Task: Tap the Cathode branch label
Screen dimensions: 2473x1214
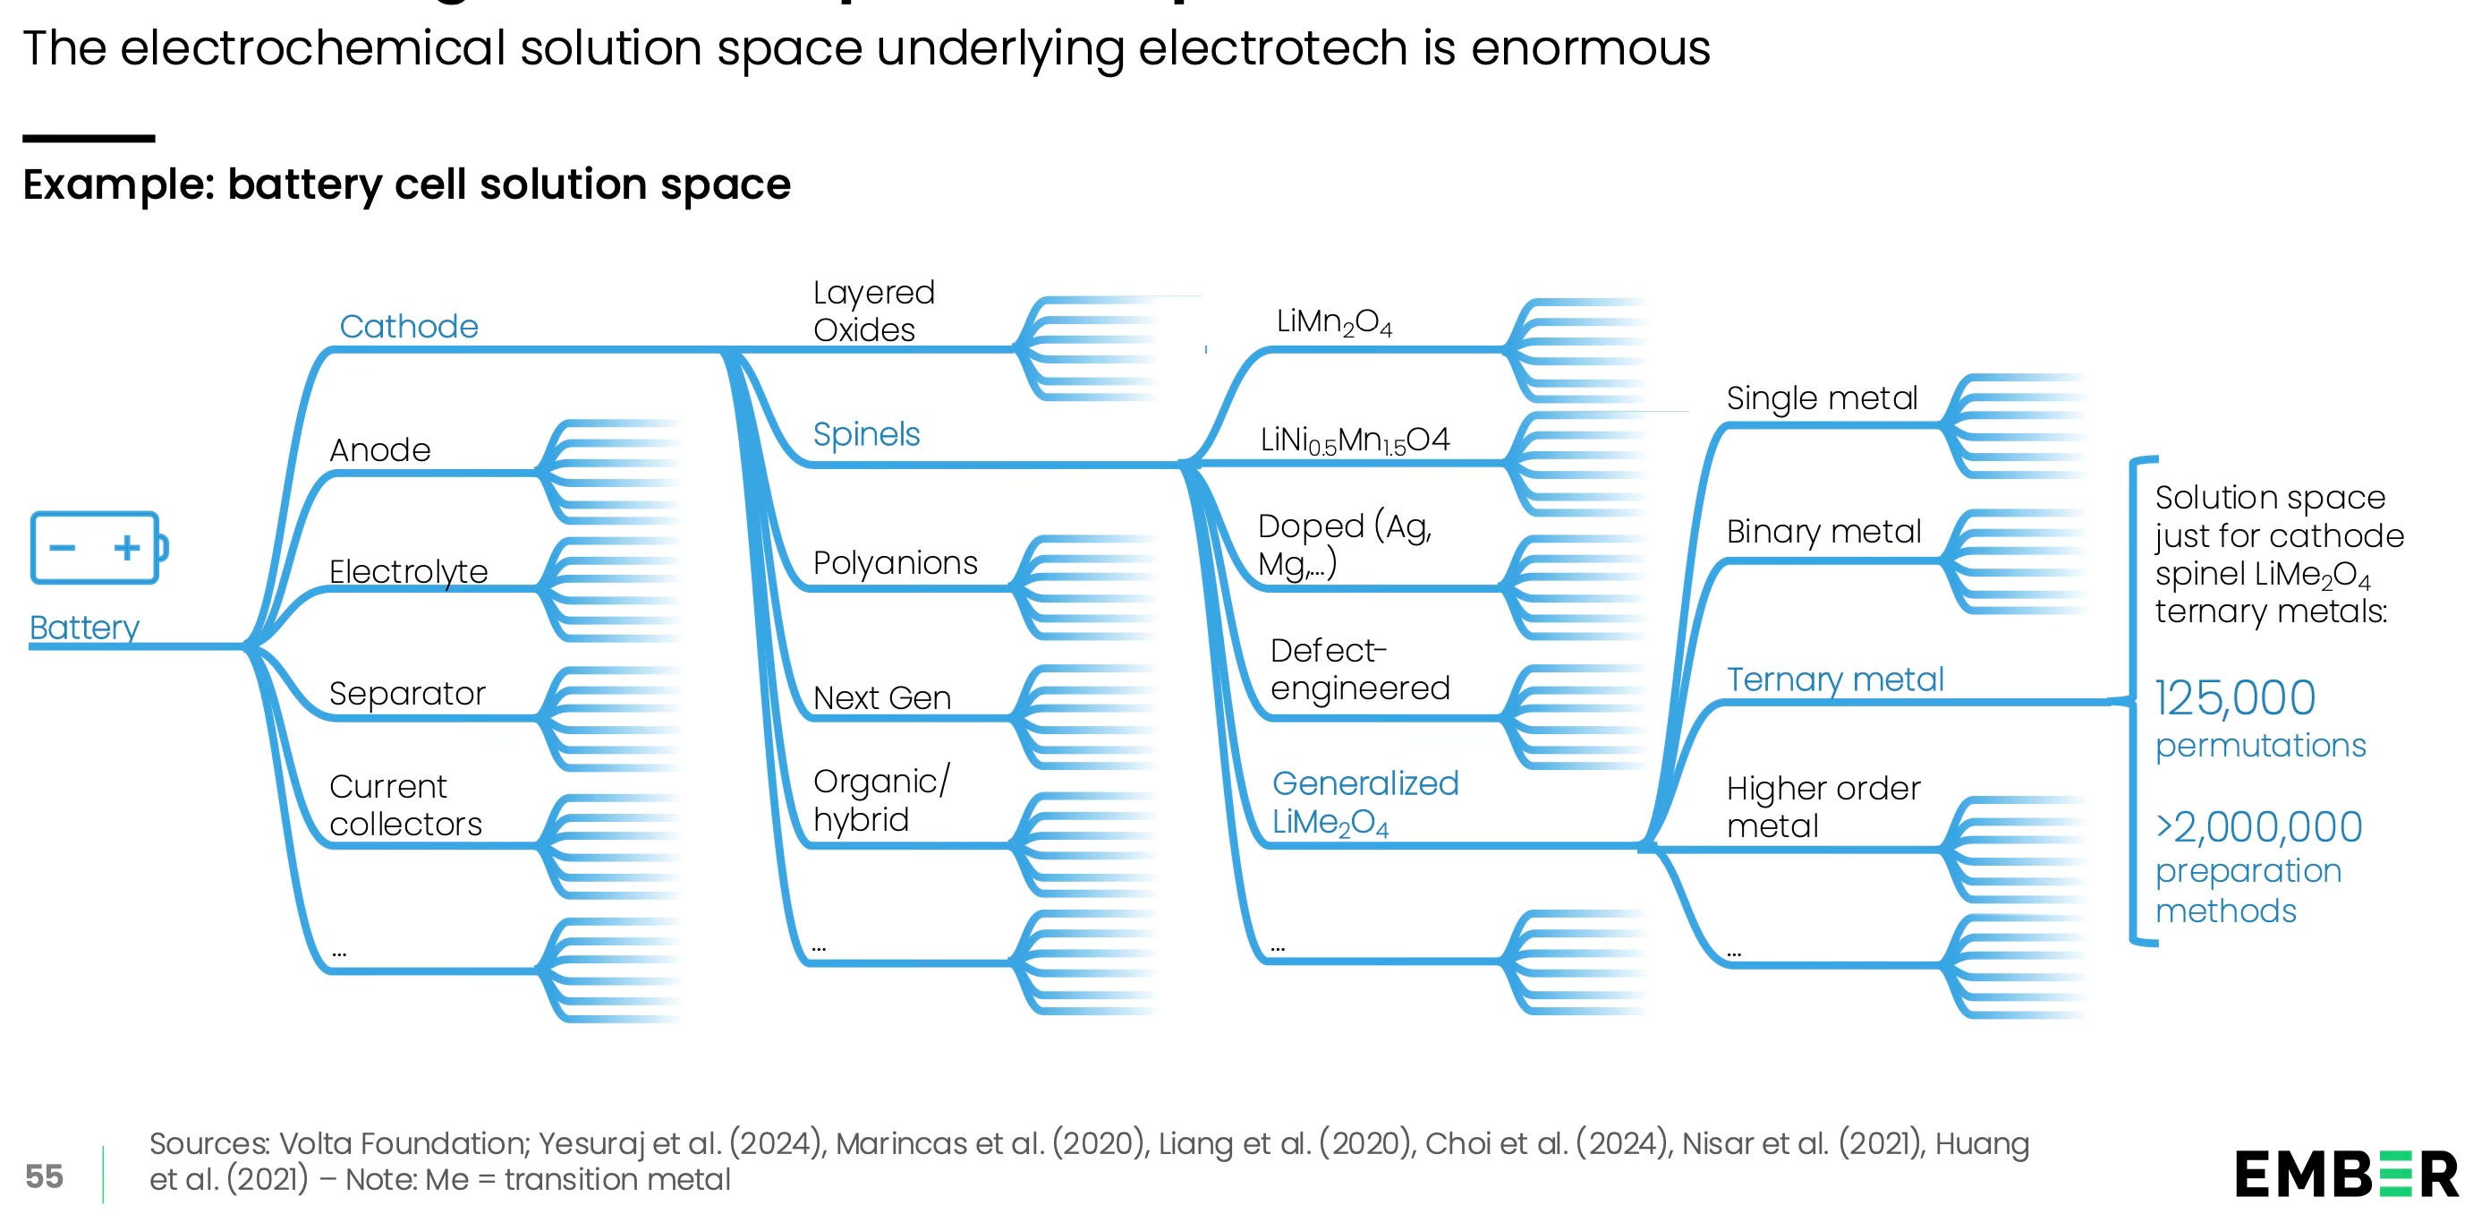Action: (x=409, y=327)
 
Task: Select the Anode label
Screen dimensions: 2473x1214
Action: (x=380, y=449)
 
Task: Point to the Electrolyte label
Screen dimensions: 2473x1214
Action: (x=408, y=571)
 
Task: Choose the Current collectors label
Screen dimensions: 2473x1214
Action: (x=405, y=805)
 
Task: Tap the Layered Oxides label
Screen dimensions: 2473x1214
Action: (x=872, y=311)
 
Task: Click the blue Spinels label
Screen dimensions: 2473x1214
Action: (x=866, y=434)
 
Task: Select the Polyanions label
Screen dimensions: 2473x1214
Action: (x=895, y=563)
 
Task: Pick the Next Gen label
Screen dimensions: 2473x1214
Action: (x=881, y=697)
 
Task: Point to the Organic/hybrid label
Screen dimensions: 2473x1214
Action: (x=880, y=800)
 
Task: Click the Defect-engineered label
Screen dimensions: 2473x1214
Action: (x=1359, y=670)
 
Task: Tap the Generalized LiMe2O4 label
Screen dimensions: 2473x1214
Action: (x=1364, y=803)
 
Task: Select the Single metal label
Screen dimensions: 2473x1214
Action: (x=1821, y=398)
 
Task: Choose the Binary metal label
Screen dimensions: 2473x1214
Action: (x=1823, y=531)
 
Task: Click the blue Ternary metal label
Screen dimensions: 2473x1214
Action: (x=1834, y=679)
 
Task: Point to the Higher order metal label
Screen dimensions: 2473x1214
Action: (x=1823, y=807)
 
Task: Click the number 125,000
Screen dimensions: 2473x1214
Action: (x=2235, y=698)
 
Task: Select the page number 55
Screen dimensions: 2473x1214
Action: (x=44, y=1176)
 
